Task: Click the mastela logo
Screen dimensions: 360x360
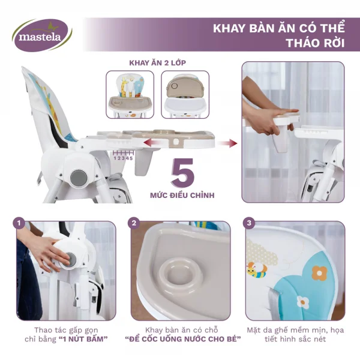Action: pyautogui.click(x=41, y=34)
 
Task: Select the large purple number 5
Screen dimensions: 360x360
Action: pyautogui.click(x=184, y=174)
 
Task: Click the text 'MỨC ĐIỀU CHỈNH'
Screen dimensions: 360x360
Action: pyautogui.click(x=183, y=196)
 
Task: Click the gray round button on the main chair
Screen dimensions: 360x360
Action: pyautogui.click(x=77, y=178)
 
